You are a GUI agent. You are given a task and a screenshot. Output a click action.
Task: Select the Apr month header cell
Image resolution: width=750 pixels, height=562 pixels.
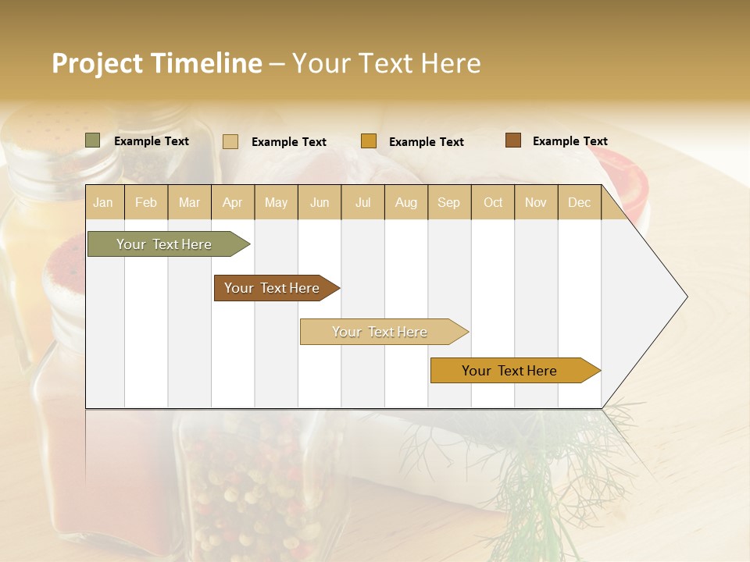tap(233, 203)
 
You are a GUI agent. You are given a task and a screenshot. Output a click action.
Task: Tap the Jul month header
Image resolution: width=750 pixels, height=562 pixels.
tap(362, 203)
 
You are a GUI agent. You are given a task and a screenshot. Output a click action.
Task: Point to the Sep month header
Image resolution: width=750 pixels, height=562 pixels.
tap(449, 203)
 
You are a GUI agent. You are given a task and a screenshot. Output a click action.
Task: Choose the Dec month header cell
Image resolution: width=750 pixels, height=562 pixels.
tap(579, 203)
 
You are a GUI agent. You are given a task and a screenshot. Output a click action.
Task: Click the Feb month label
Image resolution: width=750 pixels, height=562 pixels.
tap(146, 203)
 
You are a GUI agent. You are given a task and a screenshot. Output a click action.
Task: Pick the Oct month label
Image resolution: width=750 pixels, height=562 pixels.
tap(493, 203)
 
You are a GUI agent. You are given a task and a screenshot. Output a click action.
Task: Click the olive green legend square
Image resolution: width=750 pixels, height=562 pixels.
tap(93, 140)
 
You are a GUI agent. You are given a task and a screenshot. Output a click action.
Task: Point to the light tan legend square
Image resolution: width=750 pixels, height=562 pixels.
tap(230, 141)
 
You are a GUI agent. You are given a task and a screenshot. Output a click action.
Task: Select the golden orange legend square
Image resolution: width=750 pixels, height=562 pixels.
tap(369, 141)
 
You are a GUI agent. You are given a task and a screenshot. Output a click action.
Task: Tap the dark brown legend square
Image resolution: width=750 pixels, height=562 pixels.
tap(513, 140)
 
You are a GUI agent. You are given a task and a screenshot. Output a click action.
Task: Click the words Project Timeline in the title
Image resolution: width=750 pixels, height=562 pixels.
tap(156, 63)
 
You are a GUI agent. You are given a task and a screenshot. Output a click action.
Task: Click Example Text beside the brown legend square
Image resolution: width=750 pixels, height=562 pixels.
tap(570, 141)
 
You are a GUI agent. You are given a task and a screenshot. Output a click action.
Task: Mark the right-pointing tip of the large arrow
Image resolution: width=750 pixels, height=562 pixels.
tap(685, 297)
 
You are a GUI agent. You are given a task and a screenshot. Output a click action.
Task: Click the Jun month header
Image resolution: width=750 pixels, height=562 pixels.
tap(320, 203)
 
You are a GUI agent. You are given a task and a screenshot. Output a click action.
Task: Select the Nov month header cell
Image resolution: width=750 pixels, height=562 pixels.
tap(536, 203)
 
